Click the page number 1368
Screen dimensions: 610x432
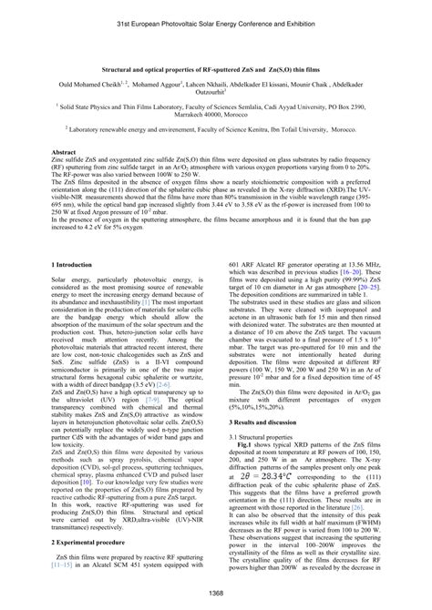click(216, 594)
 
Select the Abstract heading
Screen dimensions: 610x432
click(66, 153)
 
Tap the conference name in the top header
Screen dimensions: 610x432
click(216, 20)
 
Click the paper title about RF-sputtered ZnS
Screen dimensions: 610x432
click(216, 69)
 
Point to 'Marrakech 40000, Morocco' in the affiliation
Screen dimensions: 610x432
click(216, 116)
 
